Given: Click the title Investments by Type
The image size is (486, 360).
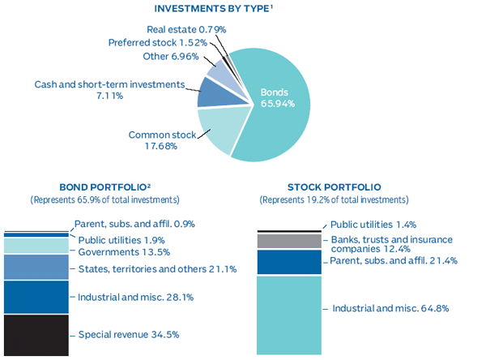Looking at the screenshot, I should (241, 9).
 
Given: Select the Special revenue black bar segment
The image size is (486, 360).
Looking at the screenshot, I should (36, 334).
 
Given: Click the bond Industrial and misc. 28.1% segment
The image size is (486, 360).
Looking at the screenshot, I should (36, 297).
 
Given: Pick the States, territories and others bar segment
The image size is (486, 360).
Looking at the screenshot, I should (36, 267).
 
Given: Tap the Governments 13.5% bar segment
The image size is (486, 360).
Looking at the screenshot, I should (36, 246).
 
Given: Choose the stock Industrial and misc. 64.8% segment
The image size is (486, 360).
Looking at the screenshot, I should (289, 315).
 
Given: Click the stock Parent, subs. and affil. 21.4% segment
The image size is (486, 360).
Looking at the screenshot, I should (289, 262).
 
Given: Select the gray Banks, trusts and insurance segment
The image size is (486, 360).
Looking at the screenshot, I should (289, 241).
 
